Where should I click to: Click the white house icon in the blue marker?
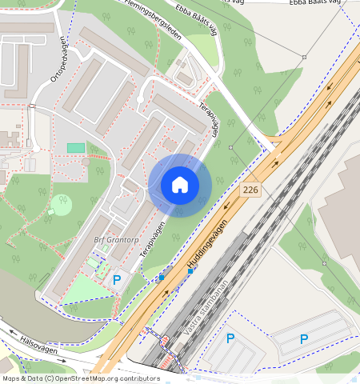(180, 185)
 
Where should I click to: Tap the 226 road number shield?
(250, 190)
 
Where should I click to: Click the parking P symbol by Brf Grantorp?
(117, 280)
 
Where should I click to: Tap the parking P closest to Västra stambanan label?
(230, 338)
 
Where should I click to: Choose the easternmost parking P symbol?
(303, 338)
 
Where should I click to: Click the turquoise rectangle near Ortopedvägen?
(75, 148)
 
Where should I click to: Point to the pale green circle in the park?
(61, 205)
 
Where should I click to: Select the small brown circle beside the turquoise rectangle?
(86, 162)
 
